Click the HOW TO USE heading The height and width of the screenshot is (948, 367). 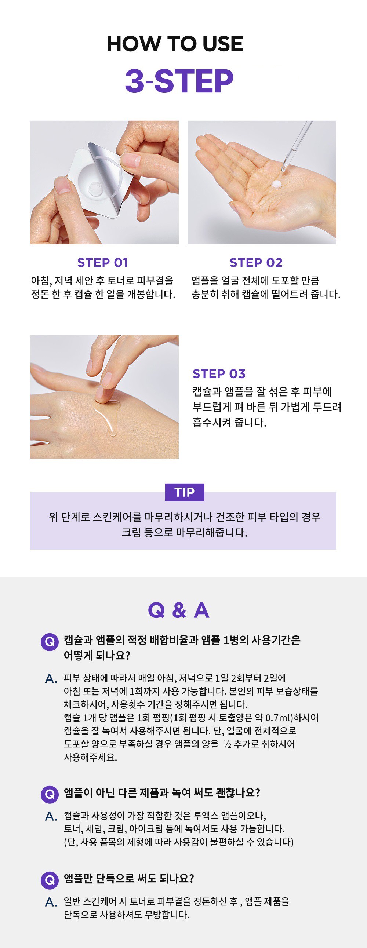click(x=175, y=44)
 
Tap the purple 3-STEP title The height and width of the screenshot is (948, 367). click(x=179, y=81)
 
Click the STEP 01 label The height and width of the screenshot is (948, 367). click(x=103, y=262)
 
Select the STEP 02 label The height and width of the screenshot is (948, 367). click(x=256, y=262)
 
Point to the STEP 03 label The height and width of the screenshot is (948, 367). click(x=219, y=373)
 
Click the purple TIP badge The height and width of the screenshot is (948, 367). click(x=185, y=492)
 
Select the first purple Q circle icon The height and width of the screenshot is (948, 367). click(x=50, y=642)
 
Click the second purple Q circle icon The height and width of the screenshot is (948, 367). click(x=50, y=794)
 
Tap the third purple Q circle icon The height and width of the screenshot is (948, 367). click(x=50, y=880)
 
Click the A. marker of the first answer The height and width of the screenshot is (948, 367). click(x=51, y=679)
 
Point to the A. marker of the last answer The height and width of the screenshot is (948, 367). click(x=51, y=902)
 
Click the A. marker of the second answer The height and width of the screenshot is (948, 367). click(x=51, y=816)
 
